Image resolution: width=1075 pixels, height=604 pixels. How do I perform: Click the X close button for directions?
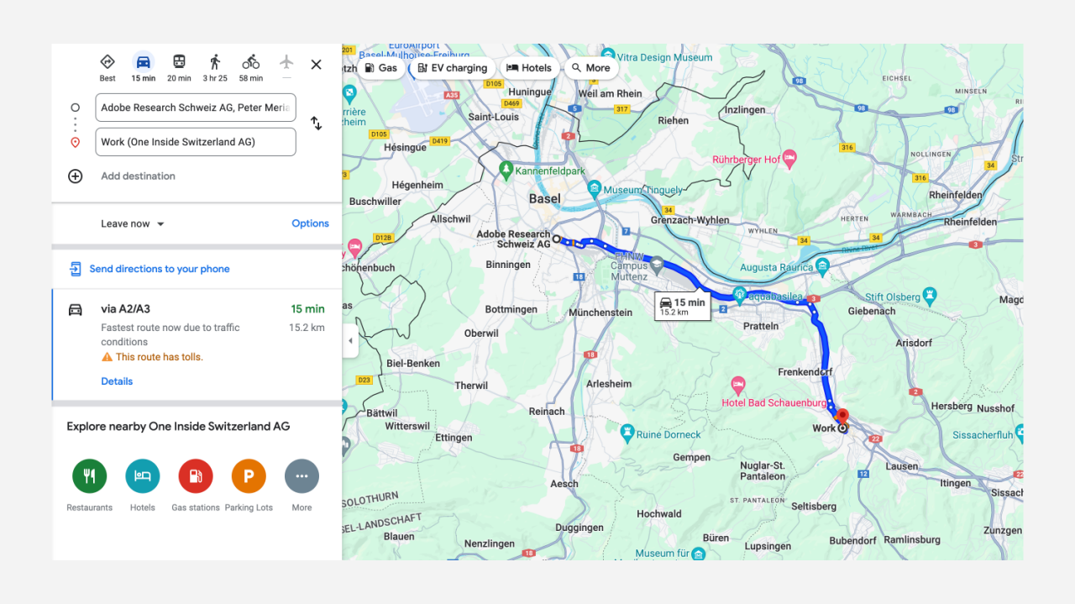coord(316,65)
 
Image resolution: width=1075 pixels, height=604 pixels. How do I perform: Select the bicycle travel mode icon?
coord(250,62)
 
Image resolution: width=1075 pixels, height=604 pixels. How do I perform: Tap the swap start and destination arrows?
coord(316,123)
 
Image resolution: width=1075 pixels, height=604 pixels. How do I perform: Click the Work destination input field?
coord(196,142)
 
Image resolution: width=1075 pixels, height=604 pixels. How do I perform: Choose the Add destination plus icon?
coord(76,176)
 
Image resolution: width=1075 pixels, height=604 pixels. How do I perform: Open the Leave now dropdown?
coord(133,224)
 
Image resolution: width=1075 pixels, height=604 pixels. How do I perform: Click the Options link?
coord(310,223)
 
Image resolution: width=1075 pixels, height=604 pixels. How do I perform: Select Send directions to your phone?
coord(159,269)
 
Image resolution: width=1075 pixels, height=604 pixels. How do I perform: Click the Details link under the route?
coord(117,381)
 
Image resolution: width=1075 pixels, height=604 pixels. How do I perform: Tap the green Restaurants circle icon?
coord(90,476)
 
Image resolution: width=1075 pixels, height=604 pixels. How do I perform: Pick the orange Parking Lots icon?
coord(249,476)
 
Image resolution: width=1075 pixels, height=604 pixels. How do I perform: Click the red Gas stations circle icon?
coord(196,476)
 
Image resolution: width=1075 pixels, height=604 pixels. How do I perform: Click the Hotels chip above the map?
coord(529,68)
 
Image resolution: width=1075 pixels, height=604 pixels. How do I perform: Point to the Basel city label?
coord(545,199)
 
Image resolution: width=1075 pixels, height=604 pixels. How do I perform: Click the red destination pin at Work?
coord(842,415)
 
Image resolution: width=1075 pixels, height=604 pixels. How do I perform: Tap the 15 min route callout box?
coord(681,307)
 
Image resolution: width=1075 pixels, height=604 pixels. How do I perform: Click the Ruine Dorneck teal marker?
coord(627,433)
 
